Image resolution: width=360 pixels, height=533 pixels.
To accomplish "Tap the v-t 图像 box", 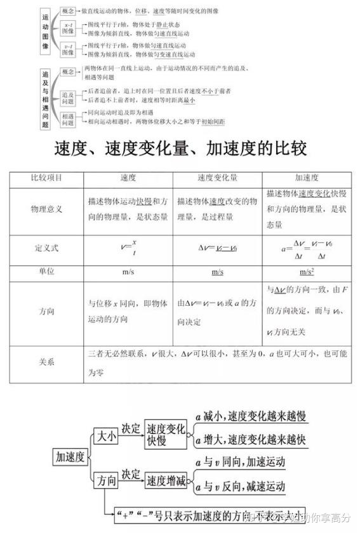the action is click(68, 49).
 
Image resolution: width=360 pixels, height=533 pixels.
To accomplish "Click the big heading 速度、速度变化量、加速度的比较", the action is click(180, 148).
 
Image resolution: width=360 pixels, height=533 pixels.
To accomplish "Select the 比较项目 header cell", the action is click(46, 178).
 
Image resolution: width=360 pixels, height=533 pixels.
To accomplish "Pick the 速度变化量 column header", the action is click(217, 178).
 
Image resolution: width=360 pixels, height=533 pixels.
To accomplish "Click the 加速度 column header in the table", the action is click(307, 178).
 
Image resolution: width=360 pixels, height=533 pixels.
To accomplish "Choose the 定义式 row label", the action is click(46, 248).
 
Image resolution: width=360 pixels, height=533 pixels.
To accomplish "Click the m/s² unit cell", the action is click(307, 272).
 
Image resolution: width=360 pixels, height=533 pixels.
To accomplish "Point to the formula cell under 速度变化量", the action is click(217, 248).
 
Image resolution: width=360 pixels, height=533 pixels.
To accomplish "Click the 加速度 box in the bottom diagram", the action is click(70, 456).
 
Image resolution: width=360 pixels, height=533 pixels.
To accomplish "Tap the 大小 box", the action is click(105, 435).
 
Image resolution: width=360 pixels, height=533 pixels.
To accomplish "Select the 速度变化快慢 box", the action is click(166, 435).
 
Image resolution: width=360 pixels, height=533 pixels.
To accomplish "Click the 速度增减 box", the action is click(166, 480).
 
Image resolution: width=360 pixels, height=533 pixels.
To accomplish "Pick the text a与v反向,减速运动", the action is click(241, 487).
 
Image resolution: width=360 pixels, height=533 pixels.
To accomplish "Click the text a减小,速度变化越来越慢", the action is click(251, 417).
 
